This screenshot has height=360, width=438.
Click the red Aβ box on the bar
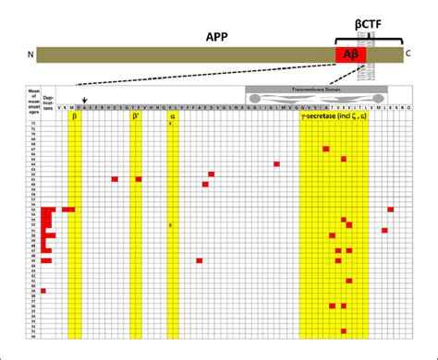[350, 55]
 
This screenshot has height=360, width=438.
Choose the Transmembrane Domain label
[310, 90]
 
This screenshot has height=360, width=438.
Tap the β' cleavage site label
[137, 117]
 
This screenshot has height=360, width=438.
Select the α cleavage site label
[172, 117]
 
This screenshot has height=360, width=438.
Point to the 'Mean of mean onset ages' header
[33, 99]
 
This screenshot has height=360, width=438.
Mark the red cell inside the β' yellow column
[138, 179]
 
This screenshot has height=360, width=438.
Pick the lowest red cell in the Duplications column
[43, 291]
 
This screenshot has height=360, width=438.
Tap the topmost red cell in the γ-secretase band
[325, 149]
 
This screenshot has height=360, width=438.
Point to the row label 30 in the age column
[33, 336]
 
